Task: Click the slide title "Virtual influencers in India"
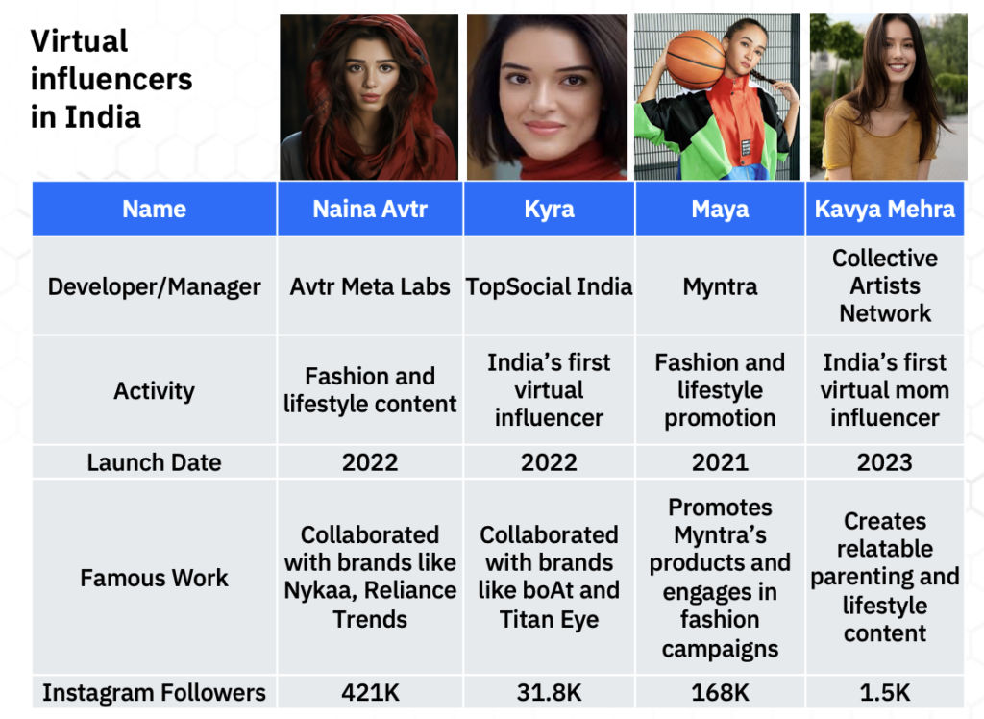[x=111, y=79]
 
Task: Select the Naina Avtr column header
[x=370, y=210]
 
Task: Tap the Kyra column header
[x=549, y=210]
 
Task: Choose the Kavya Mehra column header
[x=885, y=210]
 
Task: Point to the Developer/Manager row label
[x=155, y=286]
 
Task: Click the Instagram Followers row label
[x=155, y=693]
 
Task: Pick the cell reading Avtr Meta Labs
[x=370, y=286]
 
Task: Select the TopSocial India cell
[x=549, y=286]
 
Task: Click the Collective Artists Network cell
[x=885, y=285]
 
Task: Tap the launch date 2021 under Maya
[x=720, y=462]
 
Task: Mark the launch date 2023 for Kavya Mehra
[x=885, y=462]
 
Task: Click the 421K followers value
[x=370, y=693]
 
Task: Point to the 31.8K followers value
[x=549, y=693]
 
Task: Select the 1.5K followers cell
[x=885, y=693]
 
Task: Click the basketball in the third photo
[x=696, y=60]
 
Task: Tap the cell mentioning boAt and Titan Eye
[x=549, y=577]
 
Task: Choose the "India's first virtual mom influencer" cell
[x=885, y=390]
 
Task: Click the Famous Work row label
[x=155, y=578]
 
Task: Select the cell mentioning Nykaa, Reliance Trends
[x=370, y=577]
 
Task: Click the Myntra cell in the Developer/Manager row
[x=720, y=287]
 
